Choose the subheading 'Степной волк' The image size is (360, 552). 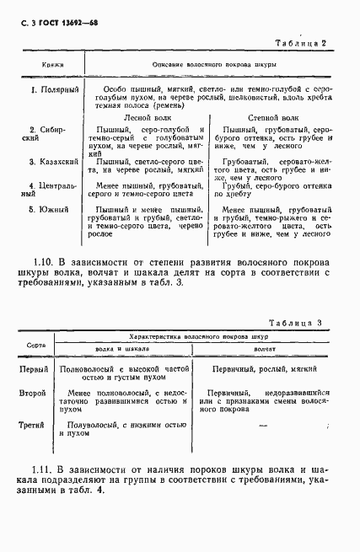click(x=270, y=119)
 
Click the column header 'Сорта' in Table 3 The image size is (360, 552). click(x=36, y=346)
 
